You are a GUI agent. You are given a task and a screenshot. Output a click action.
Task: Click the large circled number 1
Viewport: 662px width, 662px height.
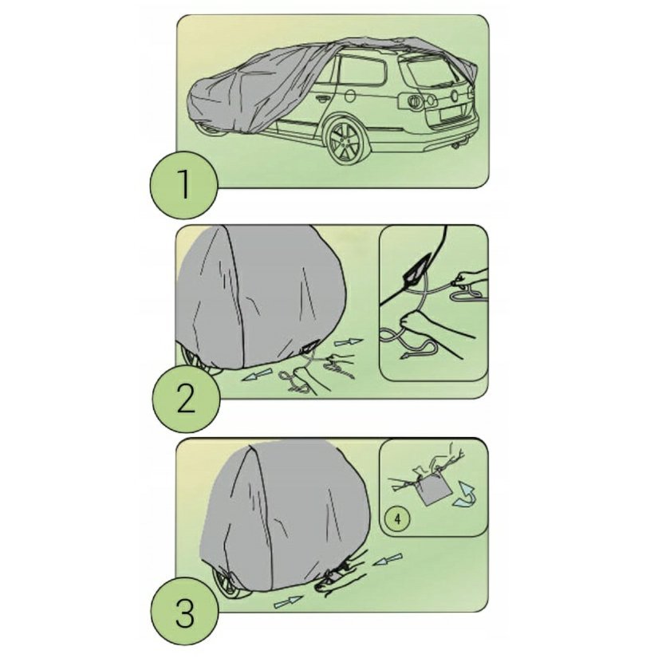[x=184, y=184]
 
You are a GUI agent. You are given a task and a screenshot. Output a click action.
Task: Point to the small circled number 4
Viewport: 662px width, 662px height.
[x=398, y=518]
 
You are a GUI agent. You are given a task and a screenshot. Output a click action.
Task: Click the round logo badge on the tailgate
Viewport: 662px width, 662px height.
[x=455, y=96]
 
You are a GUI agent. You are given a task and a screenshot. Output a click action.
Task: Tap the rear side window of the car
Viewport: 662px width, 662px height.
[x=362, y=70]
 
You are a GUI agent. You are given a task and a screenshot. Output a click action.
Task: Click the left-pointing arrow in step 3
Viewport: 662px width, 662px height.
[x=387, y=559]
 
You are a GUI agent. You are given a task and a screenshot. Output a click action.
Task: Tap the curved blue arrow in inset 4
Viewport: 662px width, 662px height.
[x=465, y=495]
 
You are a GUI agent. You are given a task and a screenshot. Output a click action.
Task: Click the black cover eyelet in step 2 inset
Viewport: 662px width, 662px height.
[x=416, y=270]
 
